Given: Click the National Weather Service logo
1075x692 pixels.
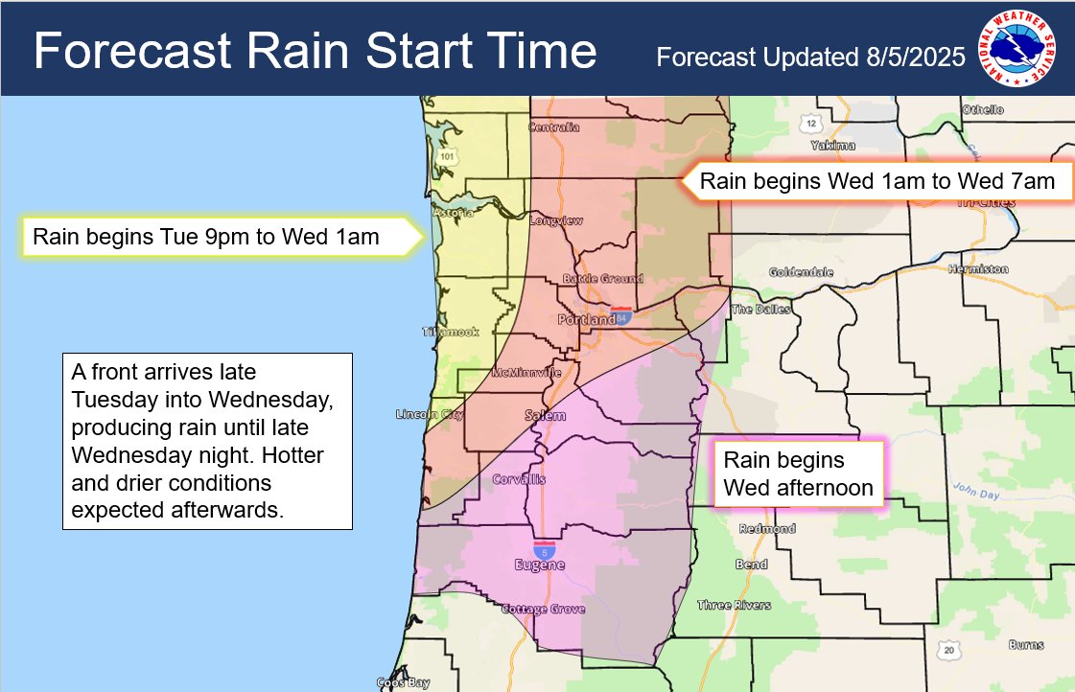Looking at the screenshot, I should (x=1017, y=48).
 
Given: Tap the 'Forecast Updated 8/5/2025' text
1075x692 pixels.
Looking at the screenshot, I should (x=810, y=58).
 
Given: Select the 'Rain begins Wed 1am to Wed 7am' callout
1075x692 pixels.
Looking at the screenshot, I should (x=876, y=181).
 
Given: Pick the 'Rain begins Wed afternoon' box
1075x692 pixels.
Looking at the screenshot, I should (x=798, y=474).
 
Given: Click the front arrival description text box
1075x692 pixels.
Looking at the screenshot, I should (x=208, y=440).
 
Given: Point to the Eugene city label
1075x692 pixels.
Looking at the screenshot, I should (x=541, y=566).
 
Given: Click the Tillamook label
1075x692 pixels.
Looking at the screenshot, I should (x=450, y=332).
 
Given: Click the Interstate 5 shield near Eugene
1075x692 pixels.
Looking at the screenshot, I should (x=545, y=550).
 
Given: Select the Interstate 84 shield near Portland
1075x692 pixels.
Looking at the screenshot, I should (x=624, y=315).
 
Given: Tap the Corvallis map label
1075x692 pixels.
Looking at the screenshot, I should (x=519, y=478).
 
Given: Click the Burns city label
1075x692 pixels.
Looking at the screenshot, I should (x=1025, y=645).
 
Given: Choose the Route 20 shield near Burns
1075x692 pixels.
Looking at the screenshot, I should (x=948, y=651).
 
